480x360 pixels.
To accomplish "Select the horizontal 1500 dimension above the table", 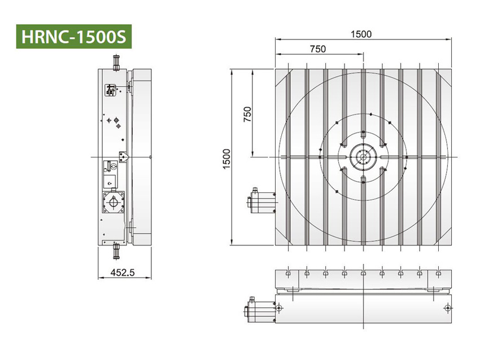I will click(361, 34).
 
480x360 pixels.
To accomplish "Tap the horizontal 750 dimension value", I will click(318, 49).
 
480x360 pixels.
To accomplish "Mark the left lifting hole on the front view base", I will click(278, 308).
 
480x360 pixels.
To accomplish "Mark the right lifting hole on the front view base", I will click(447, 308).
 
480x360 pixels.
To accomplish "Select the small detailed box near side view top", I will click(111, 89).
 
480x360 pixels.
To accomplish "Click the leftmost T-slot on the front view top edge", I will click(287, 273).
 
